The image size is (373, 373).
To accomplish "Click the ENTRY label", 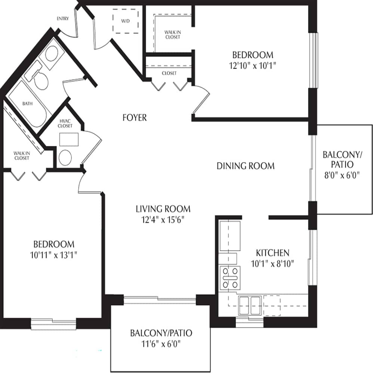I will point(62,19).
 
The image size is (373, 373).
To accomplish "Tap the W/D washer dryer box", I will point(126,21).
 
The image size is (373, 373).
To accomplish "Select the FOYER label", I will point(135,117).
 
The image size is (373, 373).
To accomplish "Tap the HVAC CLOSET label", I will point(66,124).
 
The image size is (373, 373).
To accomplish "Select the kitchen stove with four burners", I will point(230,278).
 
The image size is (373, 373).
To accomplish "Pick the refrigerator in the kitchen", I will point(230,236).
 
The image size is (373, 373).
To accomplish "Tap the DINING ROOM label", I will point(245,166).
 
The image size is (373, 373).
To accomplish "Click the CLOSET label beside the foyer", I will point(169,73).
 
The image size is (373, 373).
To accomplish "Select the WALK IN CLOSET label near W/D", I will point(172,34).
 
